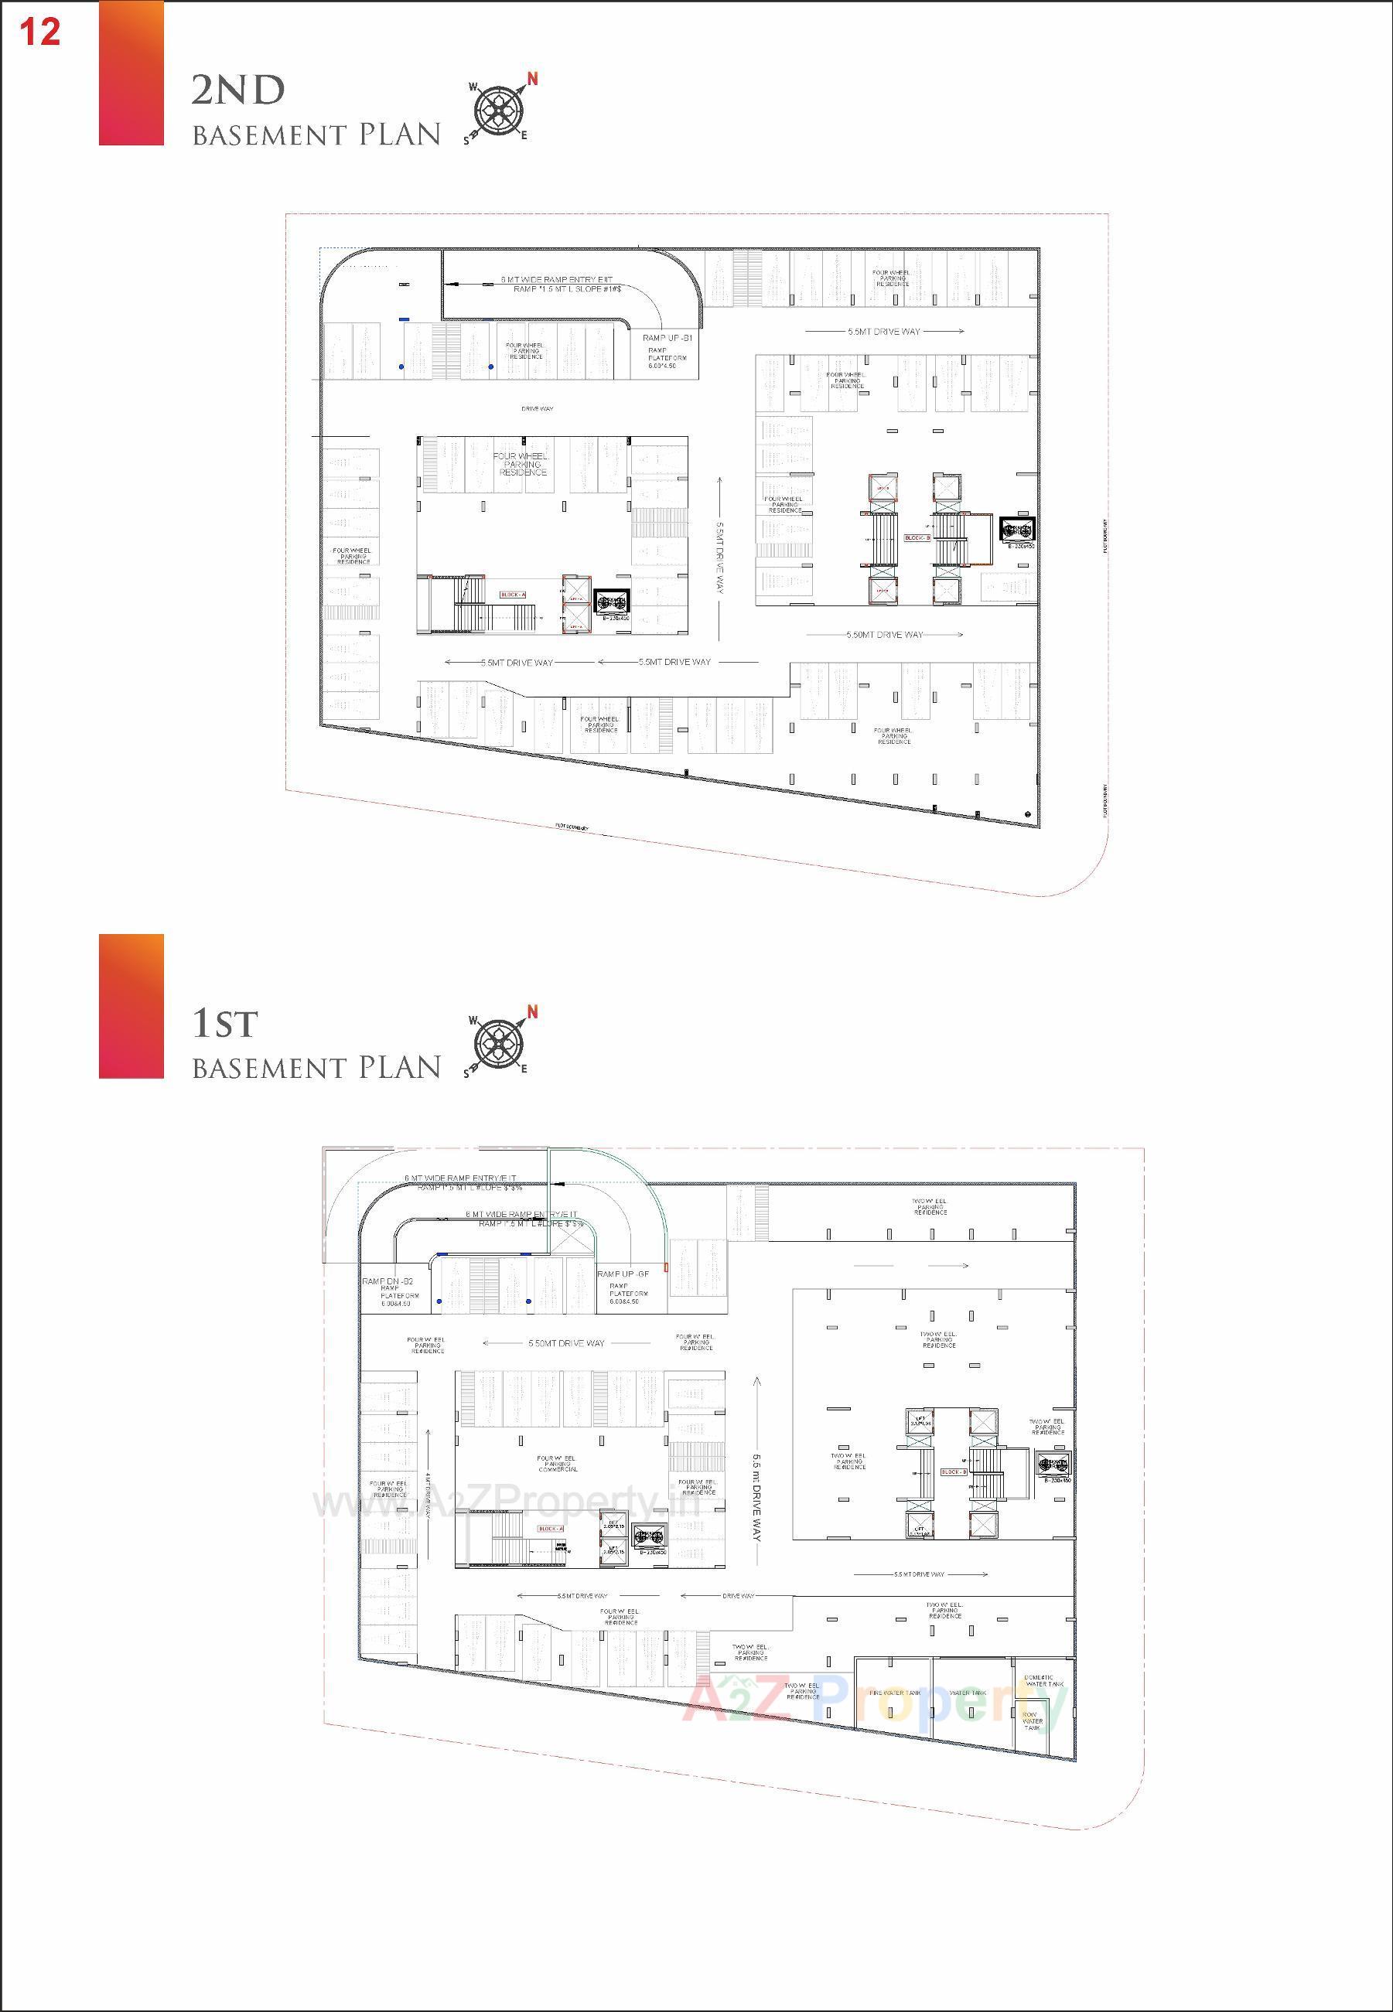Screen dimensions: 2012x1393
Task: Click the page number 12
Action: pos(39,32)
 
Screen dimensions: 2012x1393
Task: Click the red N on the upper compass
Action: pos(532,80)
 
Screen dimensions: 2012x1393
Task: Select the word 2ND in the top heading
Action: pos(237,90)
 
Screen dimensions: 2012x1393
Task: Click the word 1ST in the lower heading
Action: pos(224,1024)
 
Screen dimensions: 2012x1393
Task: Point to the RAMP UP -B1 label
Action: pos(667,338)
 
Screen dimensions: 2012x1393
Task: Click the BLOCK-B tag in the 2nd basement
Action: pos(917,538)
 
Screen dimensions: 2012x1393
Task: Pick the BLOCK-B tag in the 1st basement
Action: pos(953,1472)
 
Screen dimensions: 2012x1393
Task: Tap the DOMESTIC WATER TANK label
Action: pos(1039,1680)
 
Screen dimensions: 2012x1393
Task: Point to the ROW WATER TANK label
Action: pos(1033,1721)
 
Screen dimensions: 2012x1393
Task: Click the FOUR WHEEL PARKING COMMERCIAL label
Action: pos(556,1463)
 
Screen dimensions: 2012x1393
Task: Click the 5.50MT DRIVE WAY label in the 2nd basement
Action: pos(884,634)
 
